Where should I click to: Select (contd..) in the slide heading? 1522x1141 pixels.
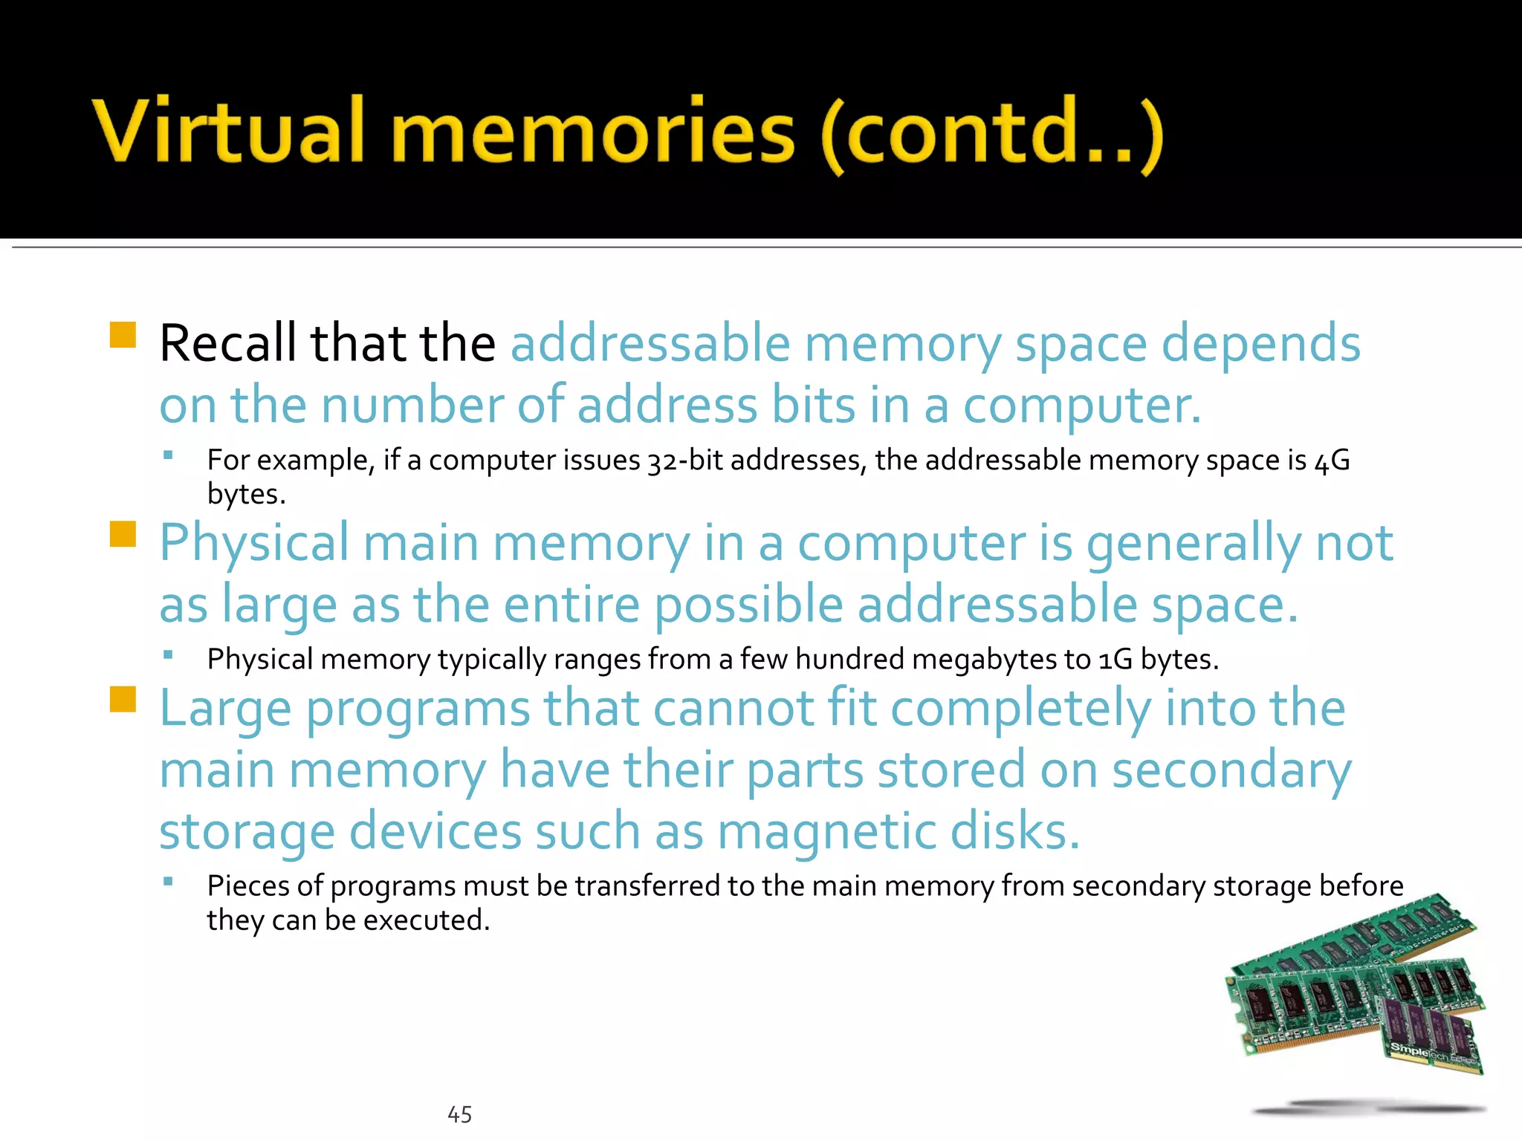coord(992,134)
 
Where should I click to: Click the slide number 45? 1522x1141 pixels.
coord(459,1114)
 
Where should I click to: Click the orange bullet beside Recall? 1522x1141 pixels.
coord(123,335)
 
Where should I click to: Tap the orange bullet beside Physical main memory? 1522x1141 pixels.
coord(123,533)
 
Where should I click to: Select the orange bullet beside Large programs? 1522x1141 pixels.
coord(123,699)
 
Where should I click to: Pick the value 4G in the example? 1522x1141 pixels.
coord(1331,461)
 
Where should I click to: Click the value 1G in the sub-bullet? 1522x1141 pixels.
coord(1115,660)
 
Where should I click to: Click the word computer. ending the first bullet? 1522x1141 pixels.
coord(1081,406)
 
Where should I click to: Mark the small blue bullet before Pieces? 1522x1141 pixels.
coord(169,882)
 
